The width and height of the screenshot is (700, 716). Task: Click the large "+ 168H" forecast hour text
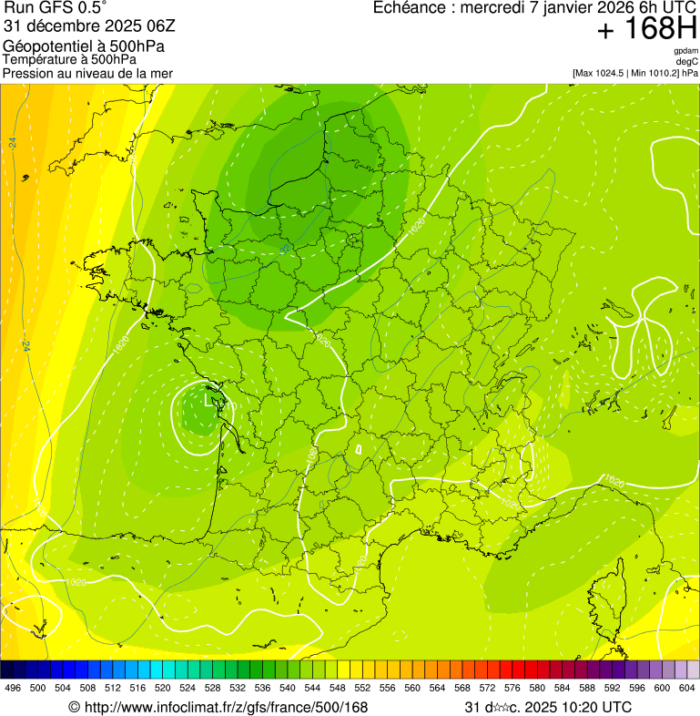(x=647, y=29)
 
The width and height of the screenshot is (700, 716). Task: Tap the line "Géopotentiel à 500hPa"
(x=84, y=46)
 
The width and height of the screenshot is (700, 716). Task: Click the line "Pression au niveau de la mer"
(x=87, y=73)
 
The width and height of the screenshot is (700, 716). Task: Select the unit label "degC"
(x=687, y=61)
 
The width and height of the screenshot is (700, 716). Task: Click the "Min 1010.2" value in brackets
(x=656, y=72)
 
